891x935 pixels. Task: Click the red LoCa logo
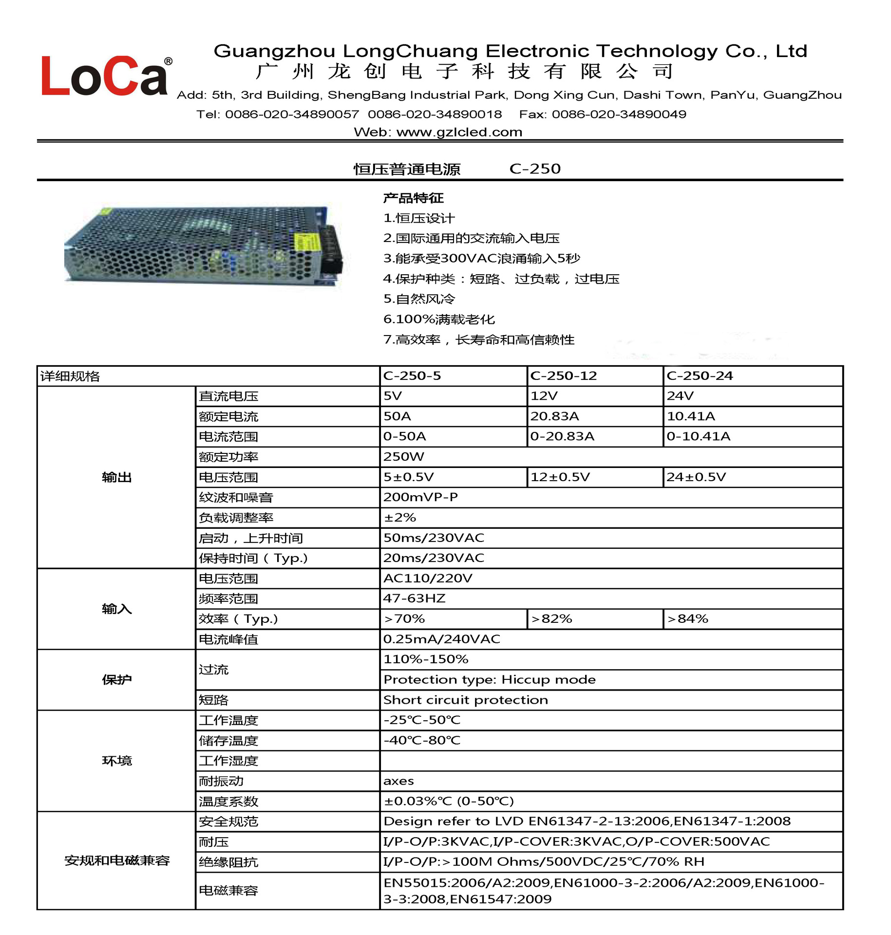tap(104, 76)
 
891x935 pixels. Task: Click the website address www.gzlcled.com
tap(459, 132)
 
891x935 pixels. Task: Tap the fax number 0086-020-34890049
tap(619, 114)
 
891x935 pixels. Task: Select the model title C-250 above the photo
tap(535, 169)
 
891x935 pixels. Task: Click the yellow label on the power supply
tap(306, 242)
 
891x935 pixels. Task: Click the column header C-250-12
tap(563, 376)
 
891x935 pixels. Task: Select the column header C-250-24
tap(700, 376)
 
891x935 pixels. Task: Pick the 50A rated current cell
tap(397, 416)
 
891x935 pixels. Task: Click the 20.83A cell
tap(554, 416)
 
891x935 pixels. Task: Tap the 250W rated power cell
tap(403, 457)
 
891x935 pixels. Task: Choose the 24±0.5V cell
tap(696, 477)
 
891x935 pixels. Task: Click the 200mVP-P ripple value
tap(420, 497)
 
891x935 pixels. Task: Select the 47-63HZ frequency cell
tap(414, 598)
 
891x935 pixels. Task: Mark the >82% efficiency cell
tap(551, 619)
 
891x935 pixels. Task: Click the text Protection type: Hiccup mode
tap(489, 680)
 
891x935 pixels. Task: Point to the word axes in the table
tap(398, 781)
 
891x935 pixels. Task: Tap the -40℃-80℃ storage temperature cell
tap(421, 741)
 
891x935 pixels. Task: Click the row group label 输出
tap(117, 477)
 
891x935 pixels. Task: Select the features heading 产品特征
tap(413, 198)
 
